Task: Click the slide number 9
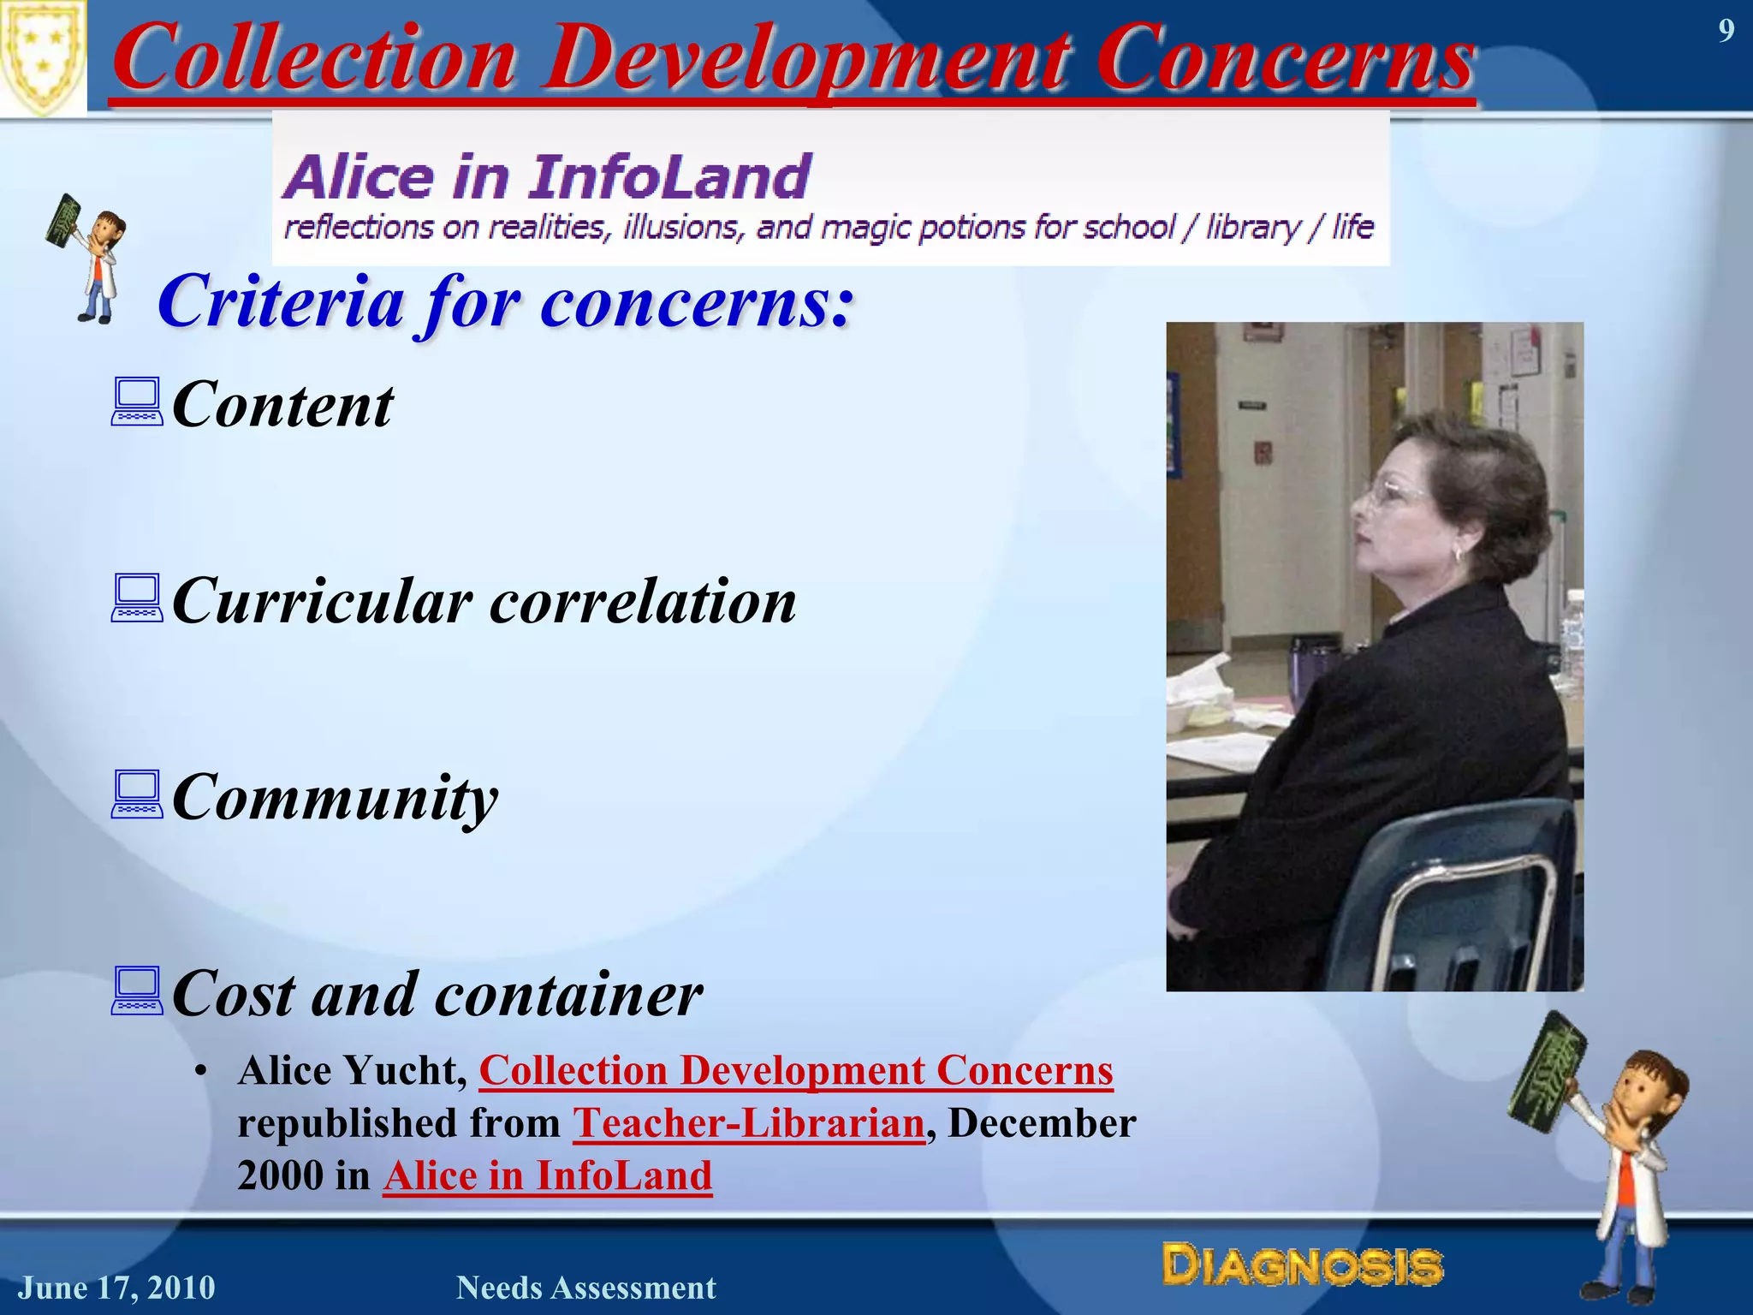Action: coord(1726,32)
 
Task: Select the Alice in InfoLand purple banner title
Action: coord(547,177)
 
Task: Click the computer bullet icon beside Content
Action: coord(136,403)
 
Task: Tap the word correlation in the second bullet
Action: coord(643,601)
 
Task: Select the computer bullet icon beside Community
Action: coord(136,795)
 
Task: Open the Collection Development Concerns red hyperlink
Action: coord(795,1071)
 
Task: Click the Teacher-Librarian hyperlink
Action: coord(748,1123)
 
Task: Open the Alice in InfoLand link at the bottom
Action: coord(547,1175)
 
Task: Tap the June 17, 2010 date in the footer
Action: coord(117,1288)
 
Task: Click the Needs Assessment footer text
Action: coord(585,1288)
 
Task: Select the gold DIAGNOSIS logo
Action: coord(1302,1266)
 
